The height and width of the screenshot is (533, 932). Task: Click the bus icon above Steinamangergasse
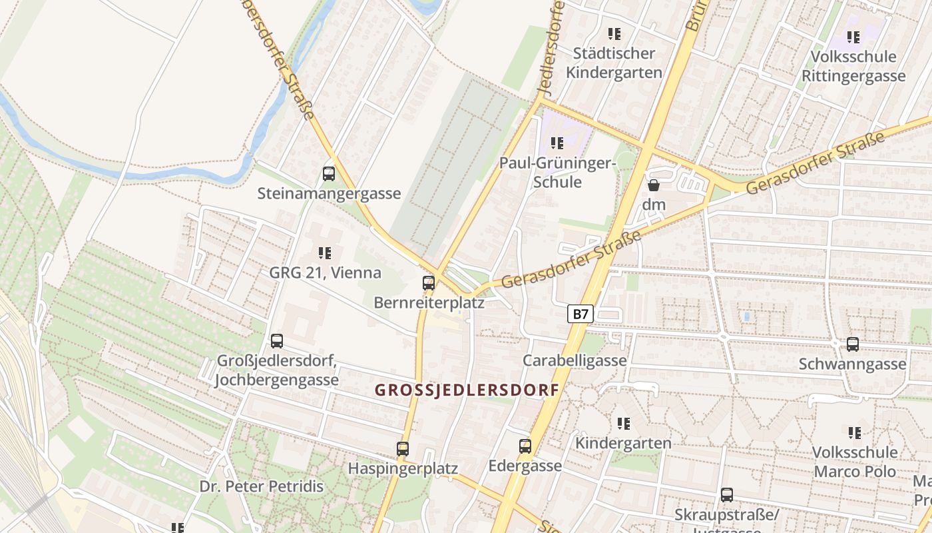(x=329, y=174)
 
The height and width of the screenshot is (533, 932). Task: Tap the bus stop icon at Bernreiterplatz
(x=429, y=283)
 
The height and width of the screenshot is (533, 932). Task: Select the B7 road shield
(x=581, y=314)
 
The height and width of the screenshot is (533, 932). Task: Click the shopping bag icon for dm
(x=654, y=185)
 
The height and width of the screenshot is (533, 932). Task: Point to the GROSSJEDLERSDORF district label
(x=467, y=390)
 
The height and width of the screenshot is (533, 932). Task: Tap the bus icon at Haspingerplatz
(x=403, y=449)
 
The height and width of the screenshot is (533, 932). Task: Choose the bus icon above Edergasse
(x=525, y=446)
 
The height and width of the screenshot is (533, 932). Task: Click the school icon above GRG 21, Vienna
(x=325, y=253)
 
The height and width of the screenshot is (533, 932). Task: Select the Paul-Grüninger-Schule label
(x=559, y=173)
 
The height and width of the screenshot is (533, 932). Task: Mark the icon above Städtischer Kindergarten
(x=614, y=33)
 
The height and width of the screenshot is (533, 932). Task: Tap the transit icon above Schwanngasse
(x=853, y=344)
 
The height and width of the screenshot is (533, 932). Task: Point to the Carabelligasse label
(x=575, y=360)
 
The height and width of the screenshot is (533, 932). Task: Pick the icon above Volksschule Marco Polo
(x=855, y=433)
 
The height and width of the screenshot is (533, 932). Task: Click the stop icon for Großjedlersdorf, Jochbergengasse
(x=277, y=341)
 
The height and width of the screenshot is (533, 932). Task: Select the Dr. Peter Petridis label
(x=262, y=486)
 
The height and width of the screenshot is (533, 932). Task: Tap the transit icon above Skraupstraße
(x=727, y=495)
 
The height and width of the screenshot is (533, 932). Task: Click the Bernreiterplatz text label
(x=429, y=302)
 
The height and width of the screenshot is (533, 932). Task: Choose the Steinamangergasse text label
(x=329, y=194)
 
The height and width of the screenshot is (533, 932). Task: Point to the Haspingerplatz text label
(x=403, y=468)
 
